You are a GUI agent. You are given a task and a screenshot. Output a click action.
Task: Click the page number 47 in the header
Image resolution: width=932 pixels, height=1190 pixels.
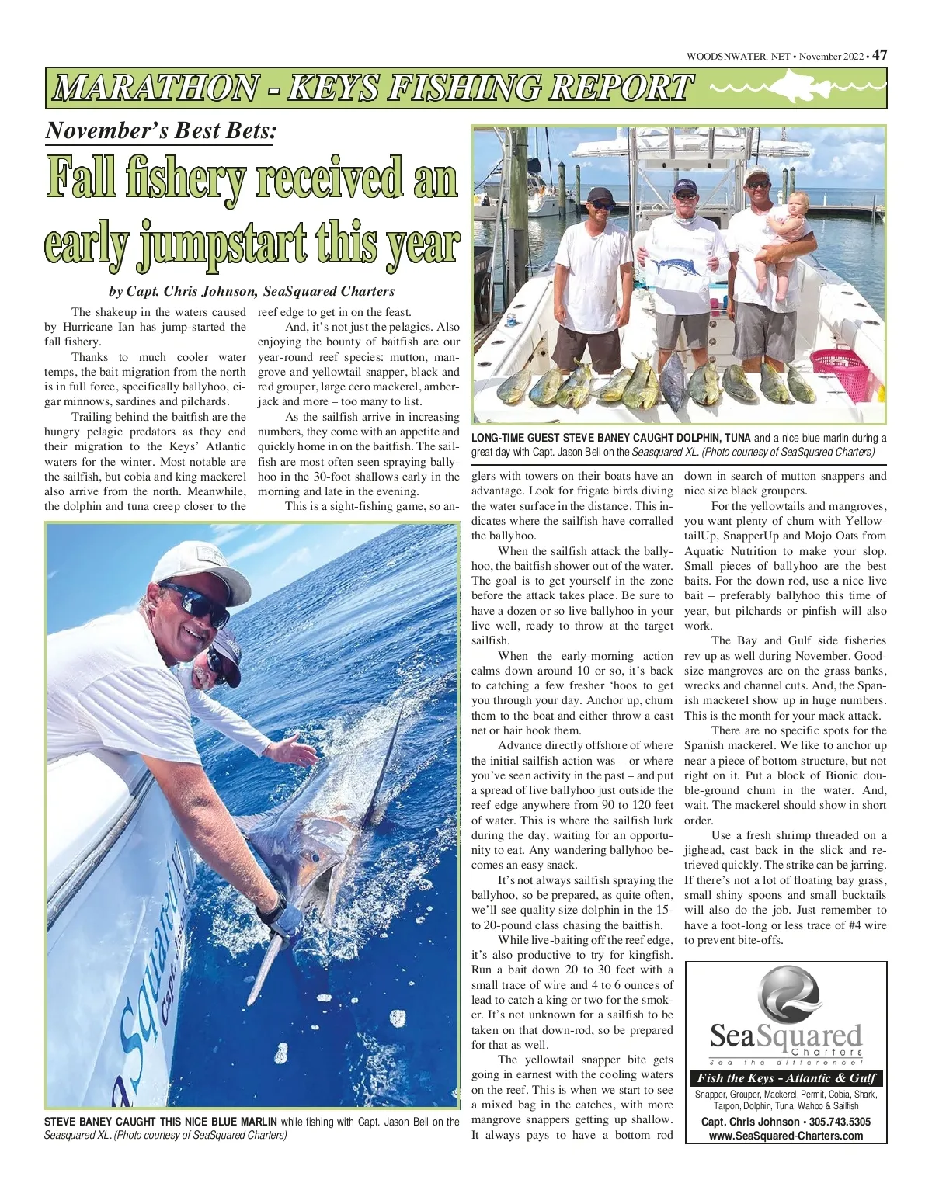click(879, 55)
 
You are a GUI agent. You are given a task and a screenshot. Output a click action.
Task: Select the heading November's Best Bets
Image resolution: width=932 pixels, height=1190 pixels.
click(160, 130)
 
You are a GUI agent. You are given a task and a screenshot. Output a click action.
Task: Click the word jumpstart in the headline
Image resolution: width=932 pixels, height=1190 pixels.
click(234, 244)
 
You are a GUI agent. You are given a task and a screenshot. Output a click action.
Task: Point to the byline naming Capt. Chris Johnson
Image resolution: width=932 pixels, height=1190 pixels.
click(252, 292)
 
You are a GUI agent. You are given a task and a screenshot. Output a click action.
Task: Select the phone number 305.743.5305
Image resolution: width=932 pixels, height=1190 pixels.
click(825, 1122)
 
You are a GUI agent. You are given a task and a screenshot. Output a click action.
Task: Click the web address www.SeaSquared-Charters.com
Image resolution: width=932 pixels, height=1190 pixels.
click(786, 1136)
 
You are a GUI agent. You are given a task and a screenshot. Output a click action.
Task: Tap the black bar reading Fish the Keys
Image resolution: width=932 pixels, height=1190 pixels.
click(786, 1077)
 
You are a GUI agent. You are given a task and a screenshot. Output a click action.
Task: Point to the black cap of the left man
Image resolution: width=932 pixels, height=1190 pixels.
click(600, 195)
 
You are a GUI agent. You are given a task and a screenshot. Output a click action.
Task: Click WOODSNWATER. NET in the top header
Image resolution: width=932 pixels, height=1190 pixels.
click(738, 56)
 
